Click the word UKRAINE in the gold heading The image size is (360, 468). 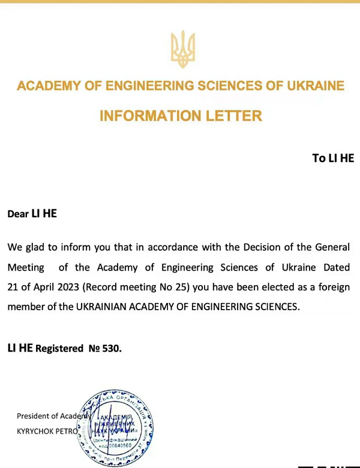(314, 86)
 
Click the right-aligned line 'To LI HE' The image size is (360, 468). (333, 158)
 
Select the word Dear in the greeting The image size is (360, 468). (18, 214)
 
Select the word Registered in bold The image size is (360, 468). (58, 349)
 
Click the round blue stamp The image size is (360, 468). (120, 427)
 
